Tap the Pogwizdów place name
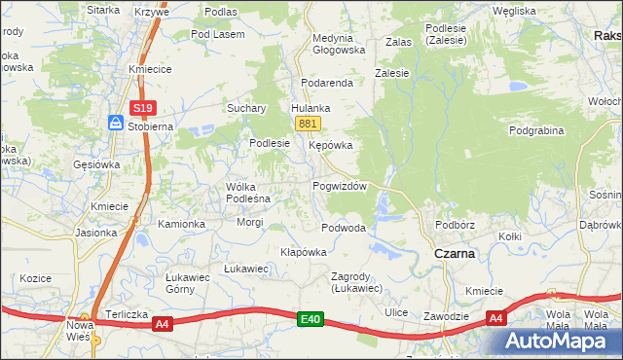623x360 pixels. coord(339,186)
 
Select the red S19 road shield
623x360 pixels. coord(142,107)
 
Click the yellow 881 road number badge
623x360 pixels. coord(308,123)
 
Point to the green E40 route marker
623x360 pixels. coord(310,318)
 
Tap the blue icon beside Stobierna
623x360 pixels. coord(115,124)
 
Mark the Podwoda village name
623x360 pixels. coord(344,228)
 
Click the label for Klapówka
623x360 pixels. coord(303,251)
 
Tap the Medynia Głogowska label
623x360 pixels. coord(338,44)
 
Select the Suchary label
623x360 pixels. coord(247,108)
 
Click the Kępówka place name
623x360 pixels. coord(330,145)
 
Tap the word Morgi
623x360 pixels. coord(250,222)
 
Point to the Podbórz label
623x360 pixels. coord(455,224)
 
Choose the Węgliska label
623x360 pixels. coord(514,11)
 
